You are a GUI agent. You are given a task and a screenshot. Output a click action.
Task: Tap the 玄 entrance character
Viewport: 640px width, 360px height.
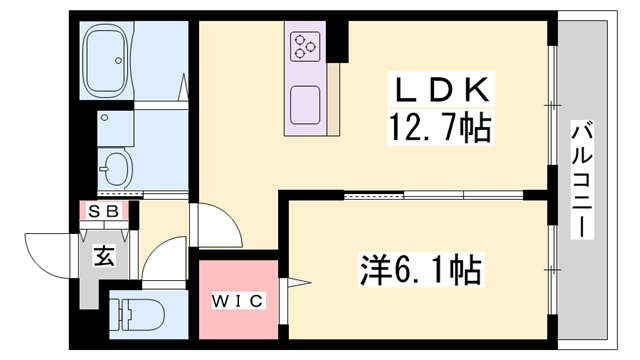pos(103,255)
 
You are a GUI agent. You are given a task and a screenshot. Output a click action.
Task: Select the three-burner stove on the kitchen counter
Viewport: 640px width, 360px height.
pos(305,46)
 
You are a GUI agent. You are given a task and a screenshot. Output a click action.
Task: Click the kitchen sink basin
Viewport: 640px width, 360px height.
pos(304,101)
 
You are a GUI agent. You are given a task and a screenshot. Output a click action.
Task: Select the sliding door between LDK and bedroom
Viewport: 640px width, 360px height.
pos(420,196)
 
